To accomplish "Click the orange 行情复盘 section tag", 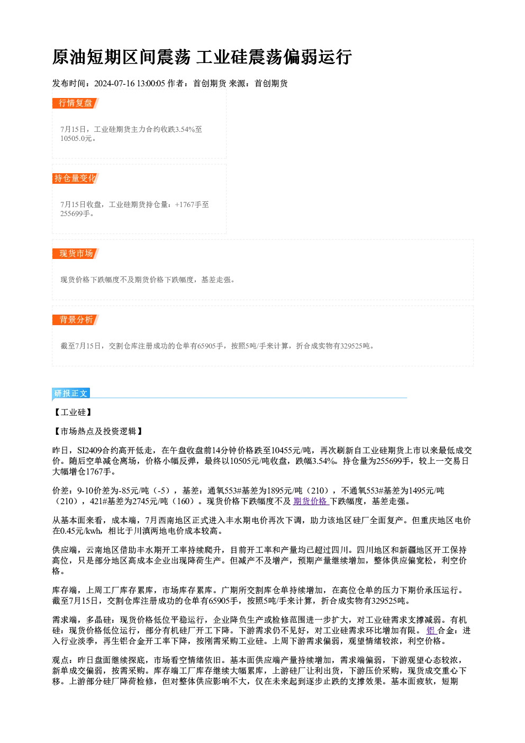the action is click(x=76, y=103).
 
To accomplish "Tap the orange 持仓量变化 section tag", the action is click(x=76, y=178).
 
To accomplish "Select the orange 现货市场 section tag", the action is click(x=76, y=254).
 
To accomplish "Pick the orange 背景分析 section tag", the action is click(x=76, y=320).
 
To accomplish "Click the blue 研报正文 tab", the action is click(x=71, y=393).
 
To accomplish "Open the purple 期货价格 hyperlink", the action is click(x=311, y=501).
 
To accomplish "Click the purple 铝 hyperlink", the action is click(x=431, y=631).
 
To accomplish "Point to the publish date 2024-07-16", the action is click(x=115, y=83).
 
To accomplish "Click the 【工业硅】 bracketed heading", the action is click(x=73, y=413).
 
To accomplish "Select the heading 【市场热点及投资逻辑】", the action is click(x=98, y=431).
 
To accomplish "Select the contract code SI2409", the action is click(x=89, y=451).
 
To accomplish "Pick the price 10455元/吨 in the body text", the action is click(x=291, y=451).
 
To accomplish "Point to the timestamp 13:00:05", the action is click(x=151, y=83).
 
